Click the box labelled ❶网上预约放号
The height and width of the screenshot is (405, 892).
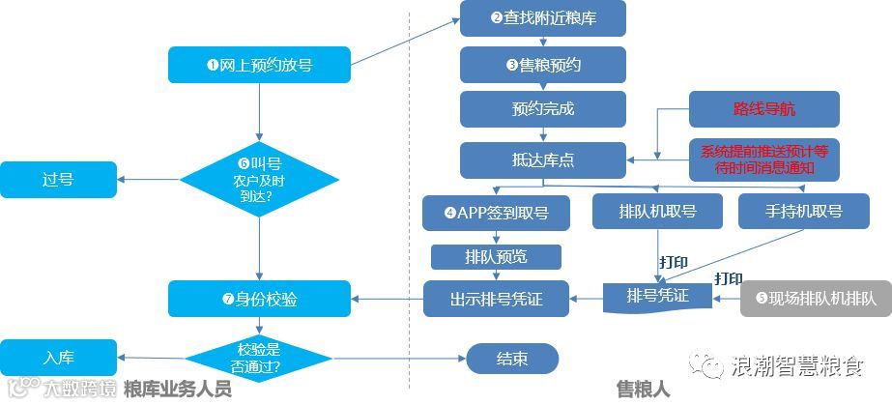[259, 65]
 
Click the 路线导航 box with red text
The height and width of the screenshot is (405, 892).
[764, 108]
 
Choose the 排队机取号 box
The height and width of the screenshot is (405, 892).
[657, 212]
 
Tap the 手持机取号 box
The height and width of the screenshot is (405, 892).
[803, 212]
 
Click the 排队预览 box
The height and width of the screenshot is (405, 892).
[497, 257]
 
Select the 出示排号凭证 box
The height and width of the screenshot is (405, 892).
[497, 299]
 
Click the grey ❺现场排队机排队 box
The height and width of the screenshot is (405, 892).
[816, 299]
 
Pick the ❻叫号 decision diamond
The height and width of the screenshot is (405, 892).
[259, 179]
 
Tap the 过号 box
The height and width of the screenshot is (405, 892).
[58, 179]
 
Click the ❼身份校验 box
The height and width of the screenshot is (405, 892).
[259, 299]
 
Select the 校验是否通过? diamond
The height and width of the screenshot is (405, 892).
[259, 359]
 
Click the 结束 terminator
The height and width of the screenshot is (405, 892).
[512, 359]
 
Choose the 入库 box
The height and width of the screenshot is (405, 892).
[58, 357]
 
